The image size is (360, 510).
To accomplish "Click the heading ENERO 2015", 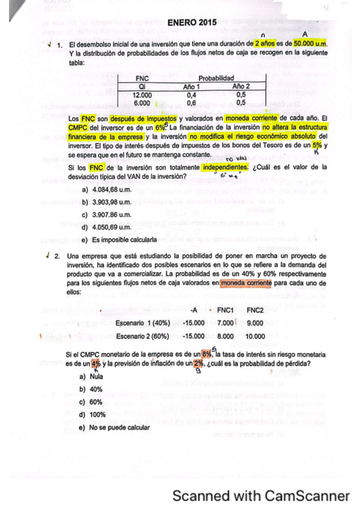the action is pos(192,23).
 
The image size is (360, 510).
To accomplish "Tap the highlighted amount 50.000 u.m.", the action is pos(310,45).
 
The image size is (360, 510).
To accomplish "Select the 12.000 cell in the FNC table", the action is pos(142,94).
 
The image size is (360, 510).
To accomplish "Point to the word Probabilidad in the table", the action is pos(216,78).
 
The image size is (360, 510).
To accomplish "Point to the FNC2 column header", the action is pos(255,310).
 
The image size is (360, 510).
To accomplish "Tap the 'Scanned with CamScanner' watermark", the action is pos(261,496).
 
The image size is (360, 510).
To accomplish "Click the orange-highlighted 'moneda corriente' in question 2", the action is pos(245,282).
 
